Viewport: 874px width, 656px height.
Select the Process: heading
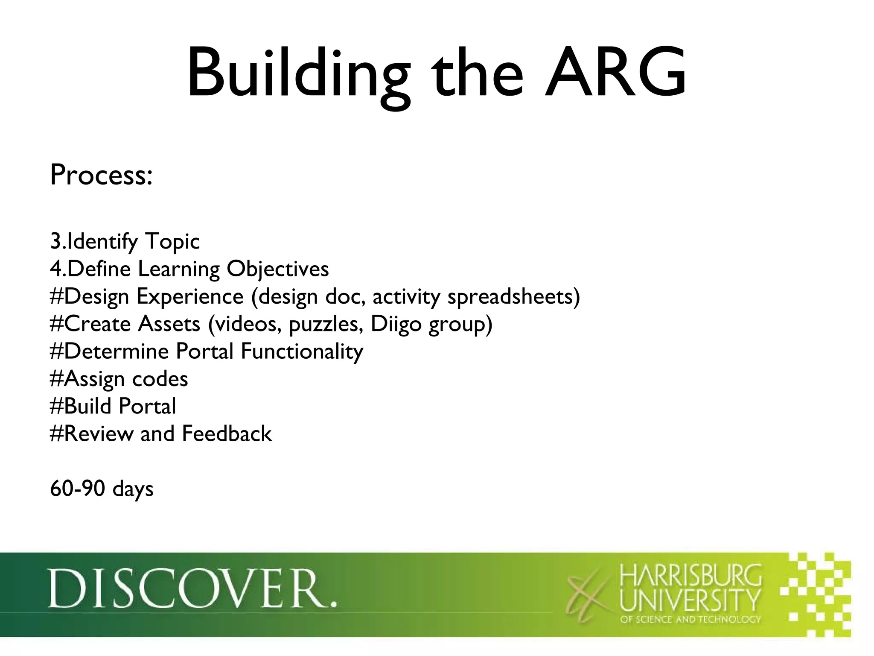click(101, 175)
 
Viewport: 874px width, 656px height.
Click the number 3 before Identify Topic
click(55, 242)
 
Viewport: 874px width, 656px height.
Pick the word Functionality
click(302, 352)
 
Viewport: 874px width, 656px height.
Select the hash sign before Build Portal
click(57, 406)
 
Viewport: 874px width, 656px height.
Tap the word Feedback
click(227, 434)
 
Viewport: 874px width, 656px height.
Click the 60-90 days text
click(102, 489)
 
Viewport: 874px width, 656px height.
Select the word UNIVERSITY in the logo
click(690, 600)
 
